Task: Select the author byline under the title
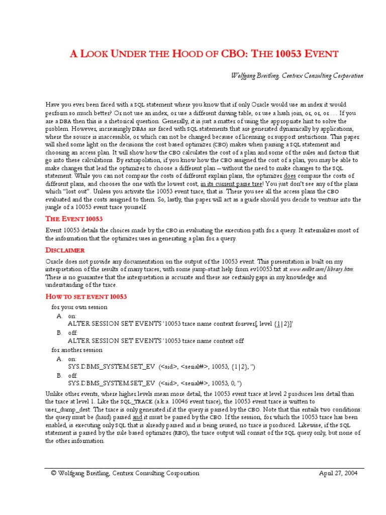pos(297,76)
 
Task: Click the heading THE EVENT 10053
pos(74,219)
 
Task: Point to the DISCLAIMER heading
pos(65,250)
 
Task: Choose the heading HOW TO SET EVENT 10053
pos(86,297)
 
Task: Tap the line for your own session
pos(79,307)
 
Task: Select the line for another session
pos(77,350)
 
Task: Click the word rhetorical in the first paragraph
pos(136,121)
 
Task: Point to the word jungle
pos(55,207)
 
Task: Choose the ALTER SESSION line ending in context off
pos(155,341)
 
